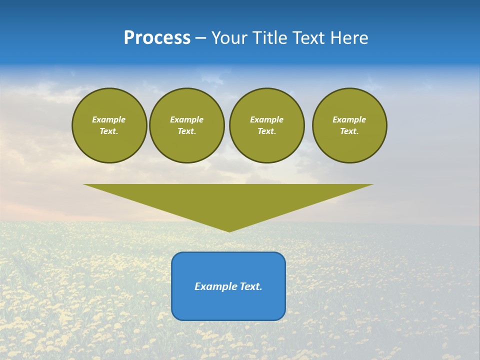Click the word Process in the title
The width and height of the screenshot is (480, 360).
157,38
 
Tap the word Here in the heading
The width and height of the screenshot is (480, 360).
350,38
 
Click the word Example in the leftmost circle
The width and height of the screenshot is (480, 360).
109,119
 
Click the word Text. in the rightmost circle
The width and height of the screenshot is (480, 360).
349,131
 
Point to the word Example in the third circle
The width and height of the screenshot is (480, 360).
266,119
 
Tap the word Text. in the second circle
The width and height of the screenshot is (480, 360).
187,131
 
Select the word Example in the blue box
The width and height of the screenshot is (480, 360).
216,286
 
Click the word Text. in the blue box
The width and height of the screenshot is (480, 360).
251,286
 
